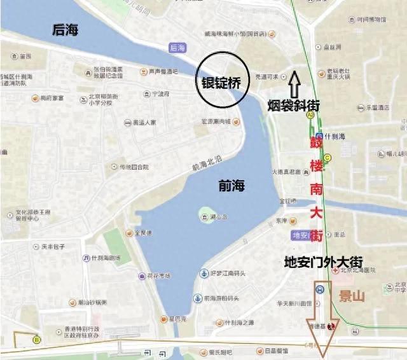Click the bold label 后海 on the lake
click(66, 29)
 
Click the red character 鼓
click(315, 142)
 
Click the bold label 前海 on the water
click(230, 186)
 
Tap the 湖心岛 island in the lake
click(207, 214)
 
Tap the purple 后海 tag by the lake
click(177, 47)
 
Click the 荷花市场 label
click(160, 275)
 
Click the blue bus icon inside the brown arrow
click(321, 289)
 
